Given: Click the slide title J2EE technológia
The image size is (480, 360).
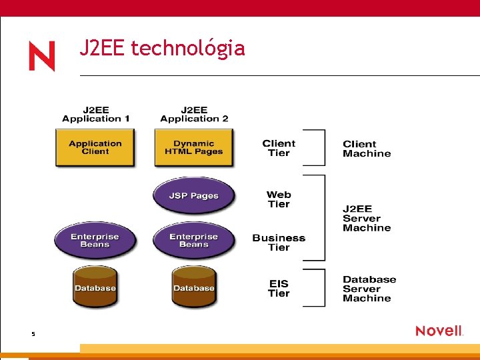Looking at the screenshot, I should tap(162, 49).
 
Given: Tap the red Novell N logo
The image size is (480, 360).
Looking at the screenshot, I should tap(41, 56).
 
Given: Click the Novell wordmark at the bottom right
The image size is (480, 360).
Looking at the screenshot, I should tap(439, 331).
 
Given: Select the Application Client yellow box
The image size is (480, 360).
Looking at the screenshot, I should tap(95, 147).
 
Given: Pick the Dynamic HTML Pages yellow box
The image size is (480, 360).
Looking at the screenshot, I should tap(194, 147).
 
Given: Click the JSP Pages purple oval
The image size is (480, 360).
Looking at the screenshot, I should tap(193, 195).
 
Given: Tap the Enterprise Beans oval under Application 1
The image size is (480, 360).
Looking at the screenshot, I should tap(95, 240).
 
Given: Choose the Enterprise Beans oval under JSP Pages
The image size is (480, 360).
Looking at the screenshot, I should tap(193, 240).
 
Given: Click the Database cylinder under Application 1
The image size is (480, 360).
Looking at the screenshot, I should tap(95, 287).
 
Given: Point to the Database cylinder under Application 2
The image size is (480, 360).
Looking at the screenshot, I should tap(193, 287).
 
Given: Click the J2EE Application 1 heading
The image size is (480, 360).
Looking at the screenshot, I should tap(96, 114).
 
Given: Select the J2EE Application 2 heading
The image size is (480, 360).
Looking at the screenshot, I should tap(194, 114).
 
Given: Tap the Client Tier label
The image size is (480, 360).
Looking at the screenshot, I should tap(279, 148).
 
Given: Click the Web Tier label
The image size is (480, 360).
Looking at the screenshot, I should tap(279, 199).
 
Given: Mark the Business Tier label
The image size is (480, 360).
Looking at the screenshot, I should tap(279, 243).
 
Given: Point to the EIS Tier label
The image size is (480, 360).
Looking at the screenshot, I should tap(279, 288).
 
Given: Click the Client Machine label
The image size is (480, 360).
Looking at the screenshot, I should tap(367, 149).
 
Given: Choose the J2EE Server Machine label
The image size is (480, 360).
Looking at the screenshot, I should tap(367, 218).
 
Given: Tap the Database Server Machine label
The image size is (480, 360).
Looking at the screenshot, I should tap(369, 289).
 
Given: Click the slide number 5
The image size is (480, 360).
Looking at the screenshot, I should tap(33, 333).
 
